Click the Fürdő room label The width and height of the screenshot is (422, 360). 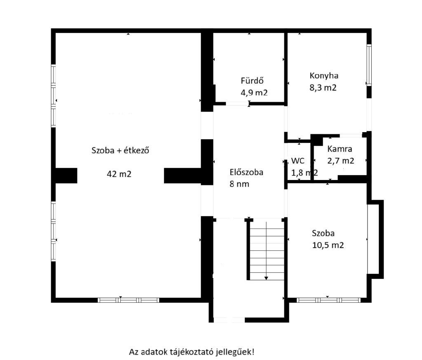tap(252, 80)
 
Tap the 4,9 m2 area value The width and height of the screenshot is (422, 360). tap(254, 93)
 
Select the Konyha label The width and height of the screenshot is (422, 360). tap(324, 76)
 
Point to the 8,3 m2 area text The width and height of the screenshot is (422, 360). tap(323, 88)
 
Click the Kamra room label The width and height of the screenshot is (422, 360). tap(340, 149)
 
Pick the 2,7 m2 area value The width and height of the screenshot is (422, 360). tap(341, 161)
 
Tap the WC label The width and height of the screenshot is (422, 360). tap(298, 161)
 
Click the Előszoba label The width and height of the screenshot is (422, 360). tap(246, 172)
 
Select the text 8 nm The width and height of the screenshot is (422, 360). tap(239, 184)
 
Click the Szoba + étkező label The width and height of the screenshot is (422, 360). tap(120, 150)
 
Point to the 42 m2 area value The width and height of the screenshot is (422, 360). tap(119, 174)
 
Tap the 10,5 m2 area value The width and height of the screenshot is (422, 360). tap(328, 245)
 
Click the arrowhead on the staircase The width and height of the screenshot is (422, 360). tap(266, 278)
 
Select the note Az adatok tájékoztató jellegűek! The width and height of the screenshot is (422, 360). tap(191, 352)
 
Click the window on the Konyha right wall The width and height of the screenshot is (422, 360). tap(369, 65)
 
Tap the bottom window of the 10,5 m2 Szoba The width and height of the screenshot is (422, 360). tap(328, 300)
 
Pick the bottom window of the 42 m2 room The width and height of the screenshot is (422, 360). tap(129, 300)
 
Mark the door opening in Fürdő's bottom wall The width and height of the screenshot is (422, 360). tap(237, 103)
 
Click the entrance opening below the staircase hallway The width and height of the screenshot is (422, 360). tap(229, 320)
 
